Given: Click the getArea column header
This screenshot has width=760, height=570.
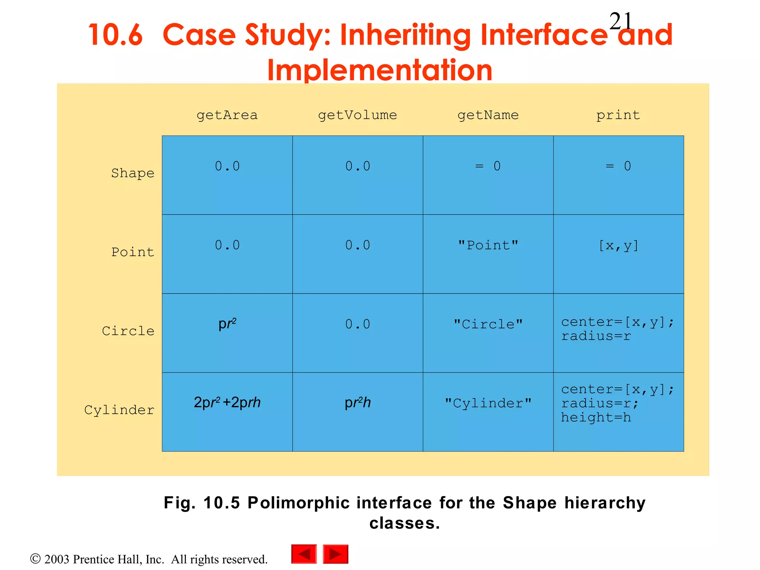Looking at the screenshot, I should click(227, 115).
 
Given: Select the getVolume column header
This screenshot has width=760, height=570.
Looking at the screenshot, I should click(357, 115).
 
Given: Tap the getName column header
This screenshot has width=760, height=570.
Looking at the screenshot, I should click(488, 115).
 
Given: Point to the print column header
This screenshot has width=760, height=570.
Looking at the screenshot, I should click(618, 115).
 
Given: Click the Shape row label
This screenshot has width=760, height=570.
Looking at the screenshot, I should click(132, 173).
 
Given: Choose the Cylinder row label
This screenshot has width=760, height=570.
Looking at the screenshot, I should click(119, 410).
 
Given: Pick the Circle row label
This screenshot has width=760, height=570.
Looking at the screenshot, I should click(128, 331).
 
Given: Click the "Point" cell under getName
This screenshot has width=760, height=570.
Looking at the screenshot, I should click(488, 245).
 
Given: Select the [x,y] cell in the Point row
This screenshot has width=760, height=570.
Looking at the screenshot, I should click(618, 245).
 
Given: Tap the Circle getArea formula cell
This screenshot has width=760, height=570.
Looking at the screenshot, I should click(227, 324).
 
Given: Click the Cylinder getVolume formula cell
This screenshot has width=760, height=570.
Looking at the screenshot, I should click(357, 403).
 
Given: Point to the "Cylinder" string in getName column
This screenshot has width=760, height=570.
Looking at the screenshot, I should click(488, 403).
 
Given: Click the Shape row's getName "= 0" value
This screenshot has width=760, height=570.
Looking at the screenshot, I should click(488, 166).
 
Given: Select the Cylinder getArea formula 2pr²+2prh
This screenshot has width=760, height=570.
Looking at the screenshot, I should click(227, 403).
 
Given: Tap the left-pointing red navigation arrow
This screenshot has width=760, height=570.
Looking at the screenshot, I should click(304, 554).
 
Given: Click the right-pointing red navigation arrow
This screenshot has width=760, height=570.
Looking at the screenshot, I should click(335, 554).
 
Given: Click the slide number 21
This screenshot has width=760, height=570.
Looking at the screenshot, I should click(620, 21).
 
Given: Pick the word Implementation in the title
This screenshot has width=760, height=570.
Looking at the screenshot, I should click(379, 70).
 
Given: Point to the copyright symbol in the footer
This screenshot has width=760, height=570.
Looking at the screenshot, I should click(35, 558).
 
